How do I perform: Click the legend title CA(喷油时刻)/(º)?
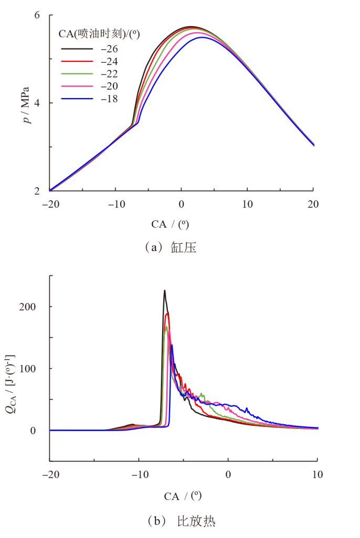tap(99, 34)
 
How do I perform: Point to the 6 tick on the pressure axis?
tap(37, 15)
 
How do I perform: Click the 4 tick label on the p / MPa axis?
tap(37, 103)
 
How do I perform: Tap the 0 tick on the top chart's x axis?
tap(181, 203)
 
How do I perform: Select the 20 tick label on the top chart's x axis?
tap(313, 203)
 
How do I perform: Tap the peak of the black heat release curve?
tap(164, 290)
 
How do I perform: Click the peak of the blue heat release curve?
tap(172, 345)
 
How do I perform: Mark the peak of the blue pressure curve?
tap(201, 37)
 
